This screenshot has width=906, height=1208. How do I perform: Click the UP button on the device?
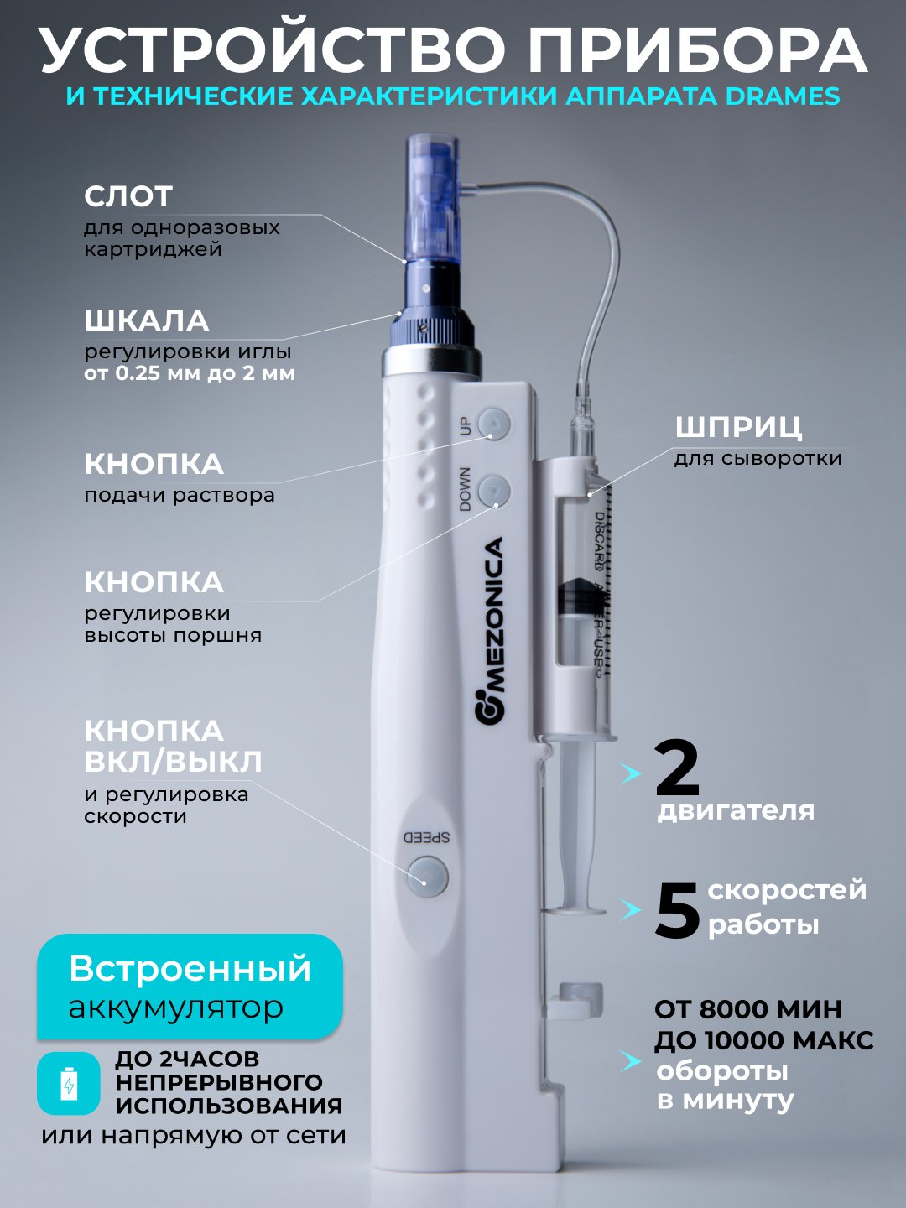pos(494,424)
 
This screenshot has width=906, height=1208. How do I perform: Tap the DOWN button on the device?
pos(494,491)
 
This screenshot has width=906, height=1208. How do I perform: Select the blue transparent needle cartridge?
pos(432,198)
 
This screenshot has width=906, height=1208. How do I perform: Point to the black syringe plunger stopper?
pos(576,596)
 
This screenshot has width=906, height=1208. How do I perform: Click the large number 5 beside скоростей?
pos(677,909)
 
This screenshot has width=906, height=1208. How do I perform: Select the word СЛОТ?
pos(128,196)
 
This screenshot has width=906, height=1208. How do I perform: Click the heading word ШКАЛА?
pos(146,321)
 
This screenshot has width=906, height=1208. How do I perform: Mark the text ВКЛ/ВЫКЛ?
pos(174,761)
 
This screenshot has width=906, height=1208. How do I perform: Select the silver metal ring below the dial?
pos(432,359)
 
